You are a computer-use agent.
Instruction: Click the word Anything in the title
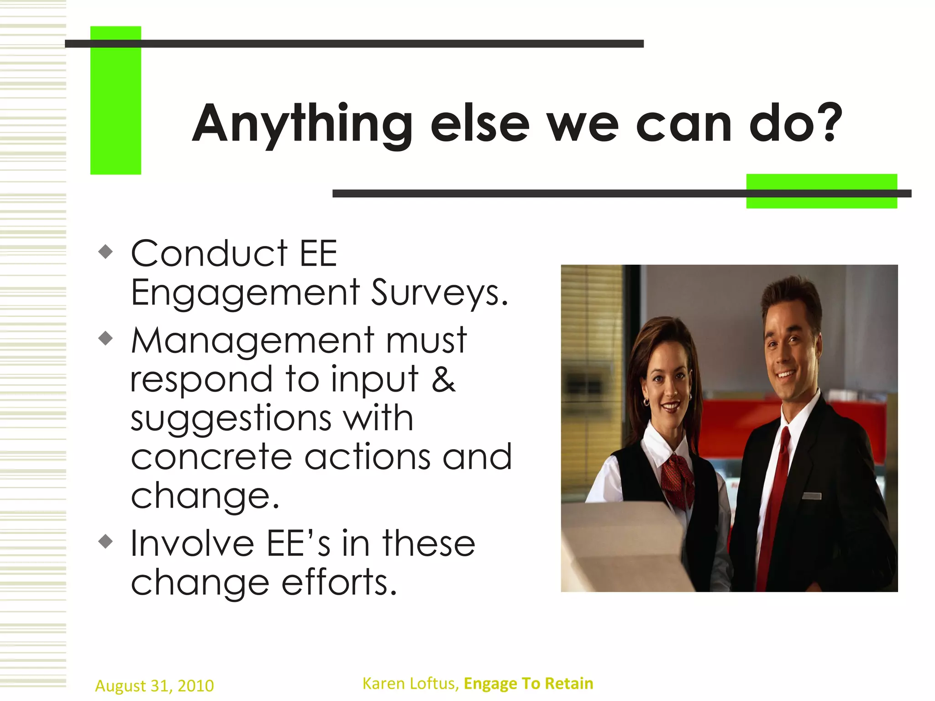pyautogui.click(x=302, y=123)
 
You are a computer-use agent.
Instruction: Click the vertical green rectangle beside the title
pyautogui.click(x=116, y=100)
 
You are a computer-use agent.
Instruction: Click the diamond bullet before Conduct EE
pyautogui.click(x=105, y=251)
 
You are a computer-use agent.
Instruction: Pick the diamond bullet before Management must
pyautogui.click(x=105, y=338)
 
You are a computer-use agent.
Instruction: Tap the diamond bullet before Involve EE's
pyautogui.click(x=105, y=541)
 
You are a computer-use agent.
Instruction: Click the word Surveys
pyautogui.click(x=439, y=293)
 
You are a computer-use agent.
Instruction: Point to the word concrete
pyautogui.click(x=211, y=457)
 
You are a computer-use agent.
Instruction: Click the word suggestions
pyautogui.click(x=231, y=418)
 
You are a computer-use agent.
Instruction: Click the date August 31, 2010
pyautogui.click(x=154, y=685)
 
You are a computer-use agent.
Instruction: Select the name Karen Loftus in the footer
pyautogui.click(x=410, y=683)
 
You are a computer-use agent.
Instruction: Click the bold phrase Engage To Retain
pyautogui.click(x=528, y=683)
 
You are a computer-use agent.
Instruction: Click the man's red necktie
pyautogui.click(x=777, y=493)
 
